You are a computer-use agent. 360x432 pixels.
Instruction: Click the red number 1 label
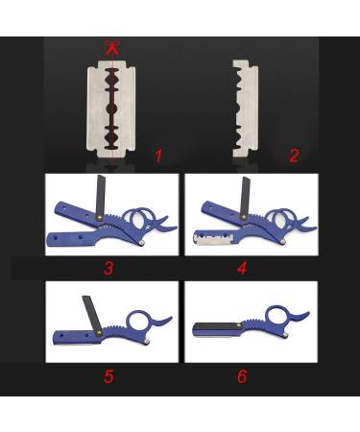(158, 154)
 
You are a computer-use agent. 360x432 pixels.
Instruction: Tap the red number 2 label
(294, 155)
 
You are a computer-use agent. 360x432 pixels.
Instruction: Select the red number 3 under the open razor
(108, 268)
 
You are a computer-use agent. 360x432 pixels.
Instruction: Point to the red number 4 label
(241, 268)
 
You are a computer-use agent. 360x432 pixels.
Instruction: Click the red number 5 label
(108, 375)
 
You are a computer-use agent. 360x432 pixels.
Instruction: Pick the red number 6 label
(241, 375)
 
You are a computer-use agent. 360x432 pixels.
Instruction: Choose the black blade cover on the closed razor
(223, 326)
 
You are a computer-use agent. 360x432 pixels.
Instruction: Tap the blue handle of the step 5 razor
(77, 336)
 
